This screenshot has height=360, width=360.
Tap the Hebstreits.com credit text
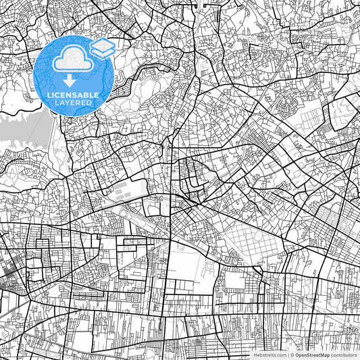[269, 355]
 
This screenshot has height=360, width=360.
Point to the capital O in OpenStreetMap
[297, 355]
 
